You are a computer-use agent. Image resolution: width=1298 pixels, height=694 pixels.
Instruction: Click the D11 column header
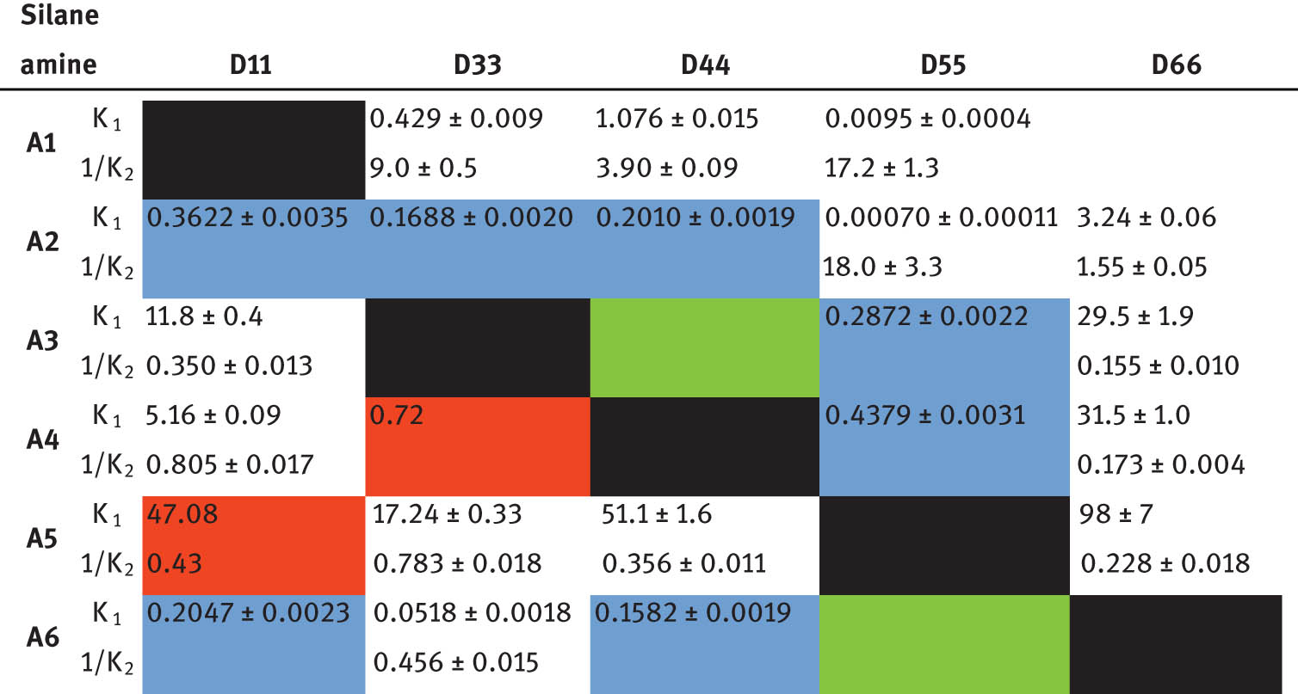(x=250, y=65)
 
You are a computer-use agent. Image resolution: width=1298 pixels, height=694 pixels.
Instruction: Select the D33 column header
(x=476, y=65)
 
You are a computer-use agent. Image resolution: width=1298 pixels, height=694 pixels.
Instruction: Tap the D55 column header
(x=943, y=65)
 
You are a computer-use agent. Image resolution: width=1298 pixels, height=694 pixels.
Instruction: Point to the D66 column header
(x=1176, y=65)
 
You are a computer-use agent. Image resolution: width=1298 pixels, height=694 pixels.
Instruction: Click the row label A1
(x=41, y=144)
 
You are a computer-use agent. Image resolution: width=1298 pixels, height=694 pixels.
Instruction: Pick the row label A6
(x=41, y=638)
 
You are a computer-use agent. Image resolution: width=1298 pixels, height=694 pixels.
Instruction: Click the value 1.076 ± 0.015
(x=677, y=119)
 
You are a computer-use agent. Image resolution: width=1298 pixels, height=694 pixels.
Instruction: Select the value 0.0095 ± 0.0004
(x=927, y=119)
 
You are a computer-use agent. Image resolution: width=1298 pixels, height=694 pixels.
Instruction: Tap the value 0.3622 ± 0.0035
(x=248, y=218)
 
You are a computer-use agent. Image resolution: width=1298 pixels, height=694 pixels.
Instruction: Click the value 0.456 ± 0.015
(x=455, y=662)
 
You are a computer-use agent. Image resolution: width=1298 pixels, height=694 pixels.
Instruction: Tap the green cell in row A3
(x=703, y=347)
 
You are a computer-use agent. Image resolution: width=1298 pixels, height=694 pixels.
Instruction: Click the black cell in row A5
(x=943, y=545)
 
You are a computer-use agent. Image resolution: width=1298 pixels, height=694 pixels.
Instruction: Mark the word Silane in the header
(x=54, y=15)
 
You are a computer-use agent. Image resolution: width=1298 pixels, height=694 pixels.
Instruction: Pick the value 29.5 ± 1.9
(x=1135, y=316)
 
